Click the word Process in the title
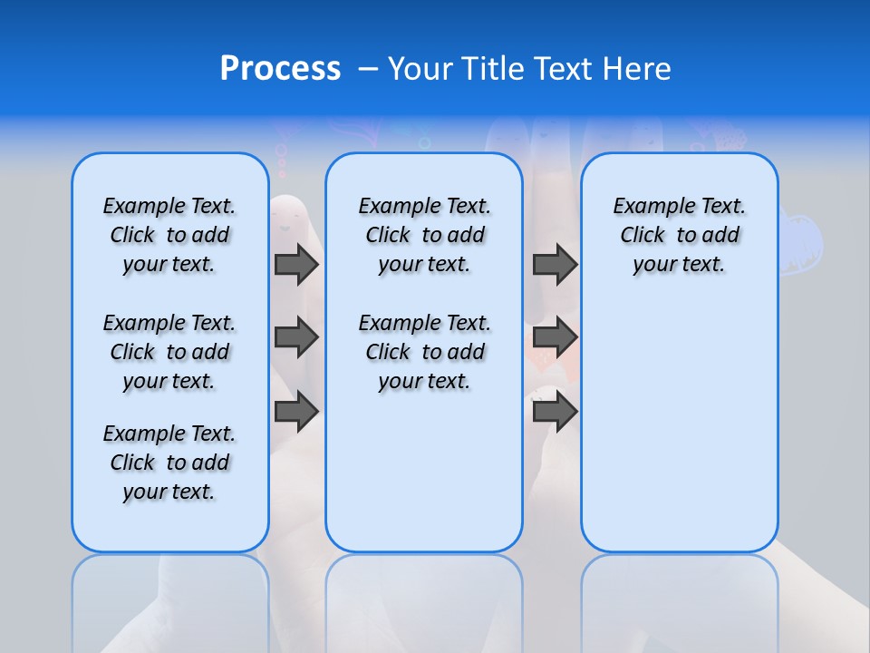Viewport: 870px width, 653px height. [280, 69]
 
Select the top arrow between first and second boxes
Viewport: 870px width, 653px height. [296, 264]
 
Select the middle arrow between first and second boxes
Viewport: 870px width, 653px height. [296, 337]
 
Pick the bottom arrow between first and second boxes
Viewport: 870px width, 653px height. [296, 412]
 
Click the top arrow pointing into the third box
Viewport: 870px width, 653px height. [555, 264]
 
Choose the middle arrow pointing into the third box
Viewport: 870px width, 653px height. [555, 337]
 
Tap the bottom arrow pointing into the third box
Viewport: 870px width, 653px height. [555, 412]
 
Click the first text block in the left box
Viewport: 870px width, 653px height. [169, 235]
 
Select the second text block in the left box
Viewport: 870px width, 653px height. [169, 352]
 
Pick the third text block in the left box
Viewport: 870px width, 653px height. [169, 463]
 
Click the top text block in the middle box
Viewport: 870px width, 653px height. [424, 235]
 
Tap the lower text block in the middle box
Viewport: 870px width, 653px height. [424, 352]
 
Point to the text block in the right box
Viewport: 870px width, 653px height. [679, 235]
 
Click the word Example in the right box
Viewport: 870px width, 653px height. [647, 207]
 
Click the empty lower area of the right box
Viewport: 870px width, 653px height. [679, 426]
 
